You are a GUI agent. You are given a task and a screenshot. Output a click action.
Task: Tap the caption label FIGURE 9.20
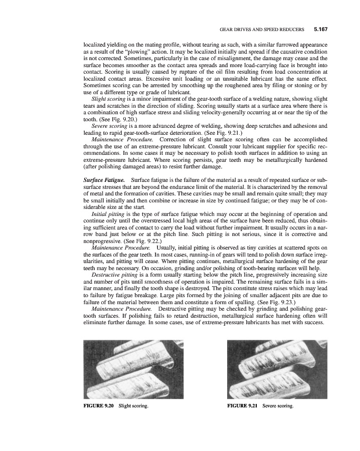(98, 405)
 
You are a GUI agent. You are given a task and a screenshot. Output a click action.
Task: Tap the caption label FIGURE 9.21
(243, 405)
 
